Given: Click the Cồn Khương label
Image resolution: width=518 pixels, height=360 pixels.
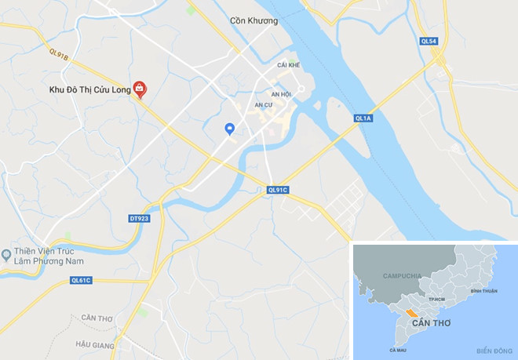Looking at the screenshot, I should coord(254,21).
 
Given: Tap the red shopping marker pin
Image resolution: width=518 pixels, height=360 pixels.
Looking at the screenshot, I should coord(140,89).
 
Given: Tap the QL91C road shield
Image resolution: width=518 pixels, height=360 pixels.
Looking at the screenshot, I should coord(278,190).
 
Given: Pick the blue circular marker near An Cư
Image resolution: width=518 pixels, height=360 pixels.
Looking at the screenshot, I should coord(229,129).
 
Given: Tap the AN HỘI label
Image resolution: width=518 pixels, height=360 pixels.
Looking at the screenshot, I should coord(281,93).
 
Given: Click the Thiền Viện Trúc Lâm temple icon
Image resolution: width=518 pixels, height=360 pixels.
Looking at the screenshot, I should coord(6,254).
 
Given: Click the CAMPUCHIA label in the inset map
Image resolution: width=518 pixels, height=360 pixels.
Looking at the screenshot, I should coord(403,276).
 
